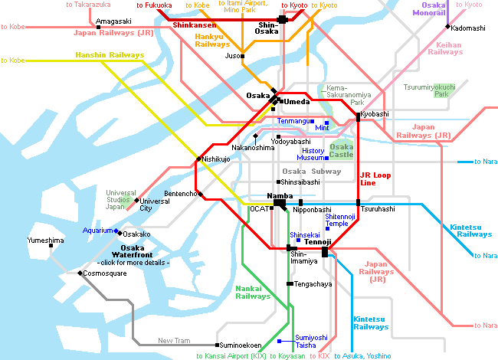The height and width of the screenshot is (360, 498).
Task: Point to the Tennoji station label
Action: [x=316, y=243]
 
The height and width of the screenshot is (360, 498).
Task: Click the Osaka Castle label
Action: [x=341, y=151]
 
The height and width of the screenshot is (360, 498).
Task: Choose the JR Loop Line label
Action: [x=375, y=179]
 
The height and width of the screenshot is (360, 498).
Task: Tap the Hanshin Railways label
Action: [x=110, y=55]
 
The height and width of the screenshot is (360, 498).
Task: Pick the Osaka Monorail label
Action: [x=428, y=8]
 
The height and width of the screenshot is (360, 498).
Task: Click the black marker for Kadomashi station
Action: [x=447, y=27]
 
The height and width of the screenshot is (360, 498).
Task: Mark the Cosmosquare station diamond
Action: [x=80, y=273]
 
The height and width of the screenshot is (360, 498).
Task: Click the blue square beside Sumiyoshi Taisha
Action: [x=280, y=340]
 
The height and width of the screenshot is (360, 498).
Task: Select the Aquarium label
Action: [x=97, y=230]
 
